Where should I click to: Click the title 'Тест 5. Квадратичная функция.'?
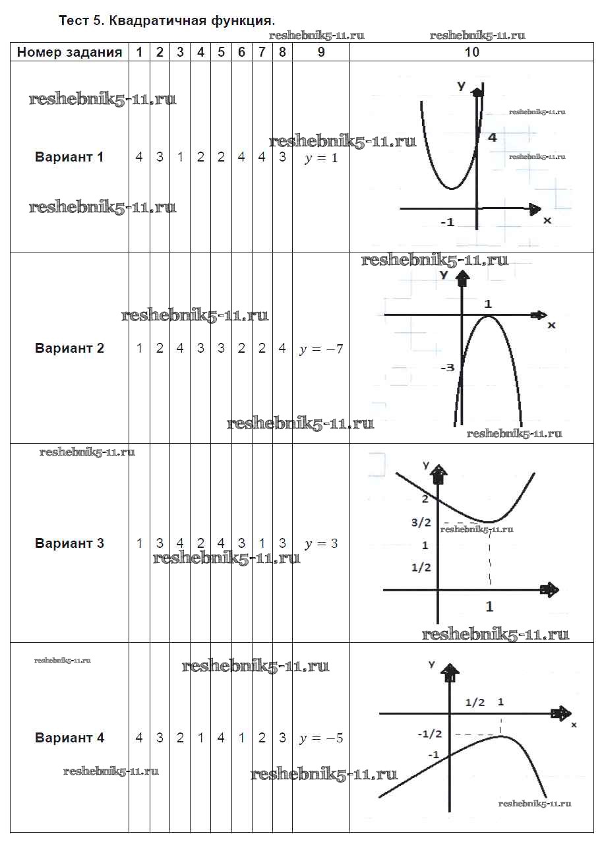coord(167,20)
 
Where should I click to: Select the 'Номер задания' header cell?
coord(69,53)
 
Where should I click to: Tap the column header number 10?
coord(471,53)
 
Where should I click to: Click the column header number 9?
coord(321,53)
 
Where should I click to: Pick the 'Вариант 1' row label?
coord(69,158)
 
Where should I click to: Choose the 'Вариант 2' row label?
coord(69,348)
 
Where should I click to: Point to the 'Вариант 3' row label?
coord(69,544)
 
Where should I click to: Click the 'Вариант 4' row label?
coord(69,738)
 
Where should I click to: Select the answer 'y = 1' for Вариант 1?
coord(321,159)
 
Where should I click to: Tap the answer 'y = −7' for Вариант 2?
coord(321,349)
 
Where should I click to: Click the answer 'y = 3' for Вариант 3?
coord(321,545)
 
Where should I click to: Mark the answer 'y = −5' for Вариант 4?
coord(321,738)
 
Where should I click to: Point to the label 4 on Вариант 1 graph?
coord(492,138)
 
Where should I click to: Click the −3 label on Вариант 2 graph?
coord(447,367)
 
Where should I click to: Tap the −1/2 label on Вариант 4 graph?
coord(430,733)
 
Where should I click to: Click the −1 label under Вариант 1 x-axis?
coord(448,223)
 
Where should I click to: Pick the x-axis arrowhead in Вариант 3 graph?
coord(549,589)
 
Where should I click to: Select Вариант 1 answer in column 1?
coord(139,158)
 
